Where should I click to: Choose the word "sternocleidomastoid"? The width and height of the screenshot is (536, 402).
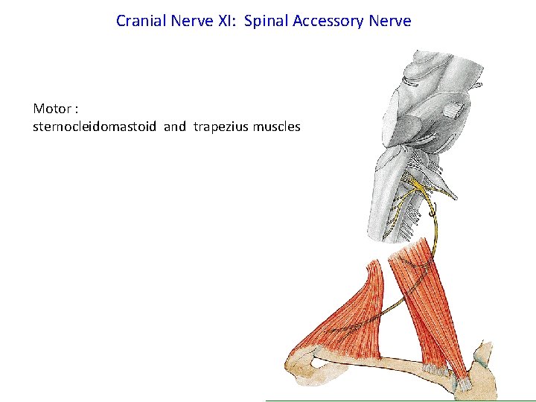(95, 127)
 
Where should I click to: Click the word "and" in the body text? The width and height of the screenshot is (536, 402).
(175, 127)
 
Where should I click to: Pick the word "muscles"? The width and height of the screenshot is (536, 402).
(276, 127)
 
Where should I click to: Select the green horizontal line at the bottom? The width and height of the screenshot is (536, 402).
(402, 401)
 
